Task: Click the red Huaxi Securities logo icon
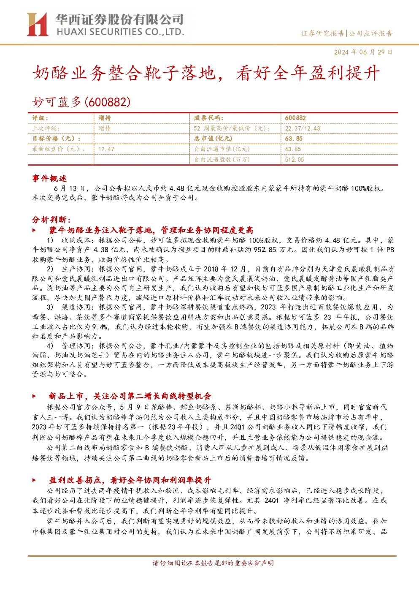[38, 24]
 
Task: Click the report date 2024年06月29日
[363, 52]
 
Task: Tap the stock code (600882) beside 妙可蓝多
[108, 102]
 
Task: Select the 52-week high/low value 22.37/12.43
[303, 128]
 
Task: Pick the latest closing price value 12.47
[106, 149]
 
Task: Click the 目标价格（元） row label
[57, 139]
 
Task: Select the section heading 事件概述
[49, 178]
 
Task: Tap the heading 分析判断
[51, 220]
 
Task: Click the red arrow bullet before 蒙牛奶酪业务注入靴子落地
[34, 230]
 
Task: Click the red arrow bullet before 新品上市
[34, 396]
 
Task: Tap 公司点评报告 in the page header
[371, 33]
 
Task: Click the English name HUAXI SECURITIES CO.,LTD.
[120, 32]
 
